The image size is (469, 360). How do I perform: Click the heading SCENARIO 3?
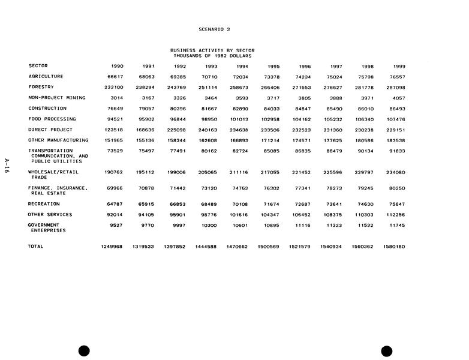tap(214, 29)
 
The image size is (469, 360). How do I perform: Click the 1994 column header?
tap(242, 66)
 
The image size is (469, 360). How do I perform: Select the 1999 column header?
tap(399, 66)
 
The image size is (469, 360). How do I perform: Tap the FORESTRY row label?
tap(41, 87)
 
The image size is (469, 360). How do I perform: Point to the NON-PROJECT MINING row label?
tap(58, 97)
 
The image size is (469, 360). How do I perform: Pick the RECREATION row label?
tap(44, 204)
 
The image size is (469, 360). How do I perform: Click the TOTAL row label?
tap(36, 246)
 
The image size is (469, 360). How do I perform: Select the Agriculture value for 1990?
tap(115, 77)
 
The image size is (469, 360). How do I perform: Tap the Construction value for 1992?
tap(178, 109)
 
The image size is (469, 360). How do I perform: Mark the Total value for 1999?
tap(393, 247)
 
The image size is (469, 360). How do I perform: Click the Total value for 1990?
tap(112, 247)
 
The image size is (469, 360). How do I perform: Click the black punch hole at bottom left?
tap(84, 351)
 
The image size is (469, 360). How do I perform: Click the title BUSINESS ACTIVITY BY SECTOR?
tap(212, 50)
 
